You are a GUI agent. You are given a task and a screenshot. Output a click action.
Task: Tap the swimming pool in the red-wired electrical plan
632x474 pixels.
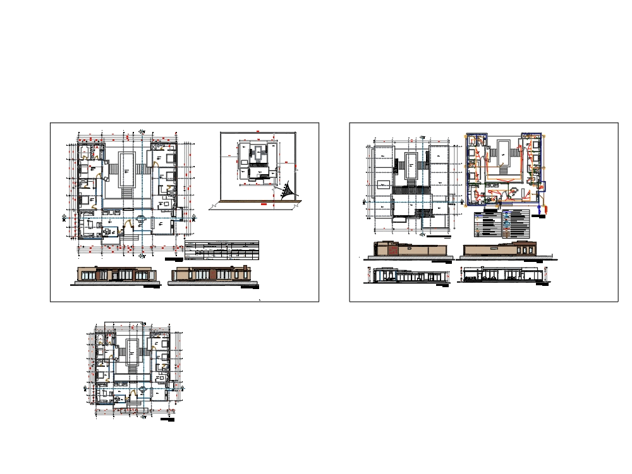point(504,148)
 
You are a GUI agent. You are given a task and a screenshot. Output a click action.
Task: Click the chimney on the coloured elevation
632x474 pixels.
point(242,269)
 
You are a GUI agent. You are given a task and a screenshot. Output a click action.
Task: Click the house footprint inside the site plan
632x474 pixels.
point(258,161)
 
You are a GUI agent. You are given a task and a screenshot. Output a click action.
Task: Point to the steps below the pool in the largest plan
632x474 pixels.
point(127,191)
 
